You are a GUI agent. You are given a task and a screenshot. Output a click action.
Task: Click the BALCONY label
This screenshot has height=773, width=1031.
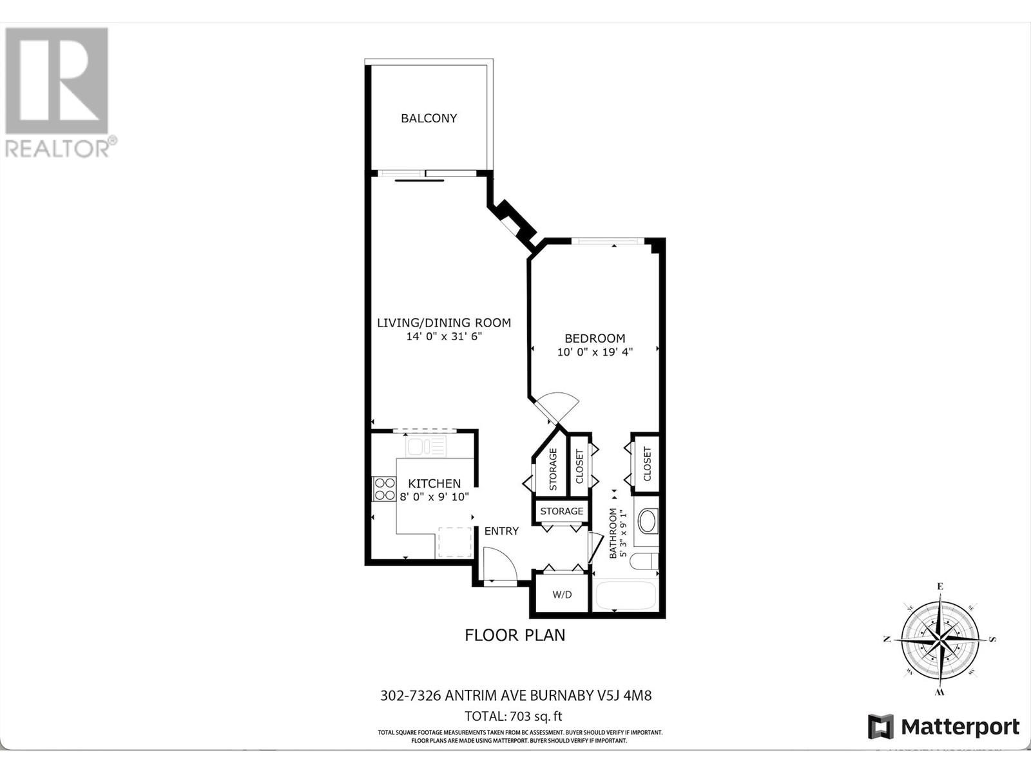click(x=429, y=118)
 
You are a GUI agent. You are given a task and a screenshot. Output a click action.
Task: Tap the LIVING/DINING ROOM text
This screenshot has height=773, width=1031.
click(x=443, y=323)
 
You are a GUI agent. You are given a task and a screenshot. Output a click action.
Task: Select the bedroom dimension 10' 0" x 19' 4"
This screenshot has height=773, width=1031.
click(x=595, y=352)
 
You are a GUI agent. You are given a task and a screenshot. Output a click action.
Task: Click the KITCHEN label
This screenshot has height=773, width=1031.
click(x=434, y=483)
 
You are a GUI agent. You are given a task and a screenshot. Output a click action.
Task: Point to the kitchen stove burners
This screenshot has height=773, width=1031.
click(x=385, y=489)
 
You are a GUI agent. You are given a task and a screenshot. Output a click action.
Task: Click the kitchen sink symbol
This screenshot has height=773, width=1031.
click(x=425, y=446)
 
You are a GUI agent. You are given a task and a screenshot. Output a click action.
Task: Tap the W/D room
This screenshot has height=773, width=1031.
click(x=561, y=594)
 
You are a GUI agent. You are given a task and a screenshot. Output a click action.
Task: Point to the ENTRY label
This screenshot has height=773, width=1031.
click(x=501, y=531)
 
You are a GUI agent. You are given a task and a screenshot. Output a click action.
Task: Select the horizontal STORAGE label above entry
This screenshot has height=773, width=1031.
click(x=561, y=511)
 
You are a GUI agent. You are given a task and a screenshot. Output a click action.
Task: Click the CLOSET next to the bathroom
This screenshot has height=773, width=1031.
click(x=647, y=464)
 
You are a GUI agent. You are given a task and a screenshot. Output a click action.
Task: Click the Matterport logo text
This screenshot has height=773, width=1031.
click(x=960, y=727)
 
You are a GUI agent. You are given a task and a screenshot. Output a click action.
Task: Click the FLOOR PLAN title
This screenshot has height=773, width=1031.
click(x=515, y=635)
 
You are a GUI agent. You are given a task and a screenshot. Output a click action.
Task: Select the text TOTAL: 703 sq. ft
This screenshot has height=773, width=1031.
click(x=514, y=716)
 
